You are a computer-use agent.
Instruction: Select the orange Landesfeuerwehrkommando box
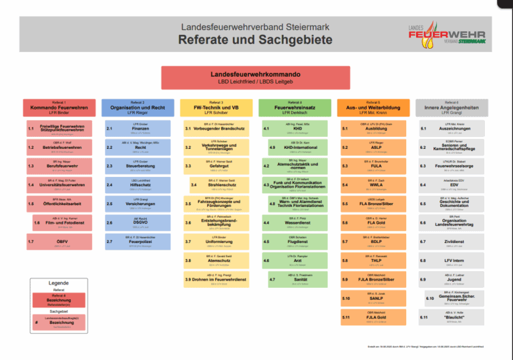tap(256, 75)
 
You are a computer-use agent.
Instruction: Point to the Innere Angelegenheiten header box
tap(447, 107)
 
